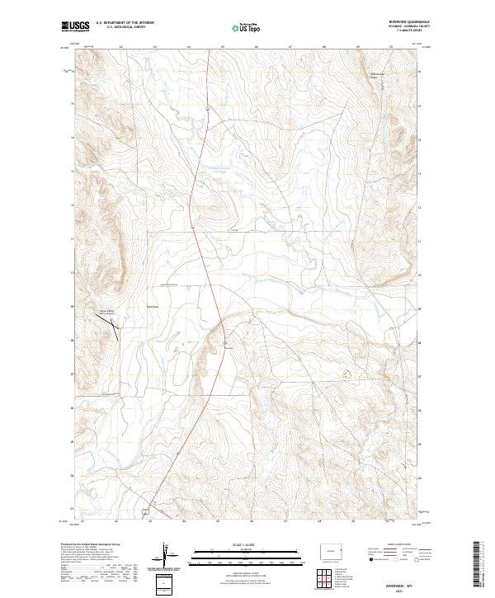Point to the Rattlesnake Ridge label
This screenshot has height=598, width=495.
click(x=375, y=77)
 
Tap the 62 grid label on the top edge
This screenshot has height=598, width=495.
click(x=121, y=48)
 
